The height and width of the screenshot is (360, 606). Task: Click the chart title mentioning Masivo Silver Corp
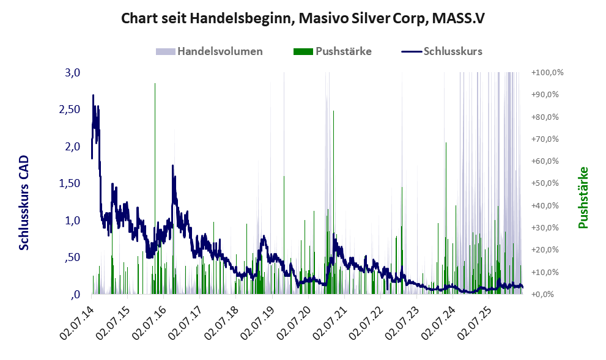(x=303, y=18)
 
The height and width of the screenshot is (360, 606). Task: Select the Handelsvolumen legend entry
(x=209, y=51)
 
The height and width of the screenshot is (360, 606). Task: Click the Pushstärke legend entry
(x=333, y=51)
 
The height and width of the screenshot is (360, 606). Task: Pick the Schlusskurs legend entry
(x=442, y=51)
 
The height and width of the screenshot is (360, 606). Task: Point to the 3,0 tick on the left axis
(x=73, y=72)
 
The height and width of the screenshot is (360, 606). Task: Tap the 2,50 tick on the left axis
(x=70, y=109)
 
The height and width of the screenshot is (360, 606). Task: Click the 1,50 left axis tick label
(x=70, y=183)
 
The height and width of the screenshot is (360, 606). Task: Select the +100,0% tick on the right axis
(x=547, y=72)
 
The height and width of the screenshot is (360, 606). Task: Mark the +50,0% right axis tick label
(x=545, y=183)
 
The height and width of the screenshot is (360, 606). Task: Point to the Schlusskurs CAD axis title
(x=24, y=202)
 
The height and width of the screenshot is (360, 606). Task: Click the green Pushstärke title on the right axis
(x=583, y=197)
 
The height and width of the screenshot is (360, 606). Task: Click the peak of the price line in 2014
(x=93, y=95)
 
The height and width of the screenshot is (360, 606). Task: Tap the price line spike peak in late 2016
(x=173, y=166)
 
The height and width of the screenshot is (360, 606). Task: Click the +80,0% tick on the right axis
(x=545, y=117)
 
